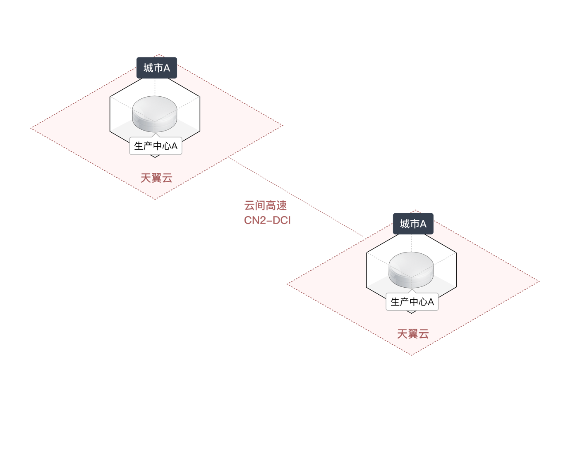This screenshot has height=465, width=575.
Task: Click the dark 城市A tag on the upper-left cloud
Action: pyautogui.click(x=156, y=68)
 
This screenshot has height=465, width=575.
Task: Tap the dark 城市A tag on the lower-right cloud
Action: pyautogui.click(x=413, y=224)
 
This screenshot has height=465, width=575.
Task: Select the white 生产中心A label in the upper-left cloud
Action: pyautogui.click(x=156, y=146)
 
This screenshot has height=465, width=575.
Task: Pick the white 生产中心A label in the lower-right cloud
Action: pyautogui.click(x=412, y=302)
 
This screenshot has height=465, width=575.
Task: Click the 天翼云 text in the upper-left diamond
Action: pyautogui.click(x=156, y=178)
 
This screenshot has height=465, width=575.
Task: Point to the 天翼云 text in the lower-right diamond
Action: pyautogui.click(x=413, y=334)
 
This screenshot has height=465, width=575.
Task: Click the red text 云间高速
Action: pyautogui.click(x=266, y=205)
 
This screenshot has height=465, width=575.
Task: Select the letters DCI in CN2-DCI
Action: pyautogui.click(x=282, y=220)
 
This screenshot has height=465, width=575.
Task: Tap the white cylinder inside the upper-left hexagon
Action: pyautogui.click(x=155, y=113)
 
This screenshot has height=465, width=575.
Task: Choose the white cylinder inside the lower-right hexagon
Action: pyautogui.click(x=411, y=269)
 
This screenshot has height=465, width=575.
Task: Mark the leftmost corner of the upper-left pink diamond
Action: pyautogui.click(x=31, y=128)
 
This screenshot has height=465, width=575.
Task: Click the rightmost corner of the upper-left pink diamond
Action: pyautogui.click(x=283, y=125)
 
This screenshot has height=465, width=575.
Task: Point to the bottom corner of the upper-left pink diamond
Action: pyautogui.click(x=155, y=199)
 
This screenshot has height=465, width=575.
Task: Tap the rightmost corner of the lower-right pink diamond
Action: pyautogui.click(x=539, y=281)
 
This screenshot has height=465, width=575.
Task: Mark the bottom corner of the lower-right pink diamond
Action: pyautogui.click(x=412, y=355)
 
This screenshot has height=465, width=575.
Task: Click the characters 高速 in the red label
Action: pyautogui.click(x=276, y=205)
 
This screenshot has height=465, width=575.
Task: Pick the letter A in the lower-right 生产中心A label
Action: pyautogui.click(x=431, y=302)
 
